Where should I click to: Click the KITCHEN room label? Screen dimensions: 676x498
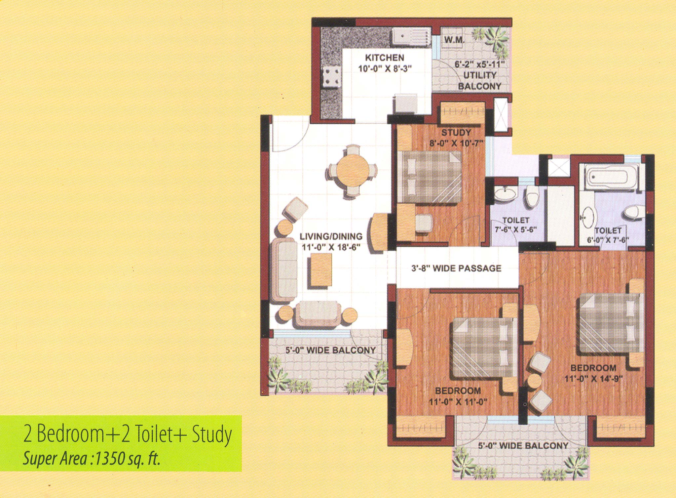pos(384,58)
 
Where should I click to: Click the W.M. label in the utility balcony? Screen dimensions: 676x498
pos(454,41)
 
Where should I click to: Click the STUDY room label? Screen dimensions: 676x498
pos(456,133)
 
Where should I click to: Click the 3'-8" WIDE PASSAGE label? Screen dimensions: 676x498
pos(456,268)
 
